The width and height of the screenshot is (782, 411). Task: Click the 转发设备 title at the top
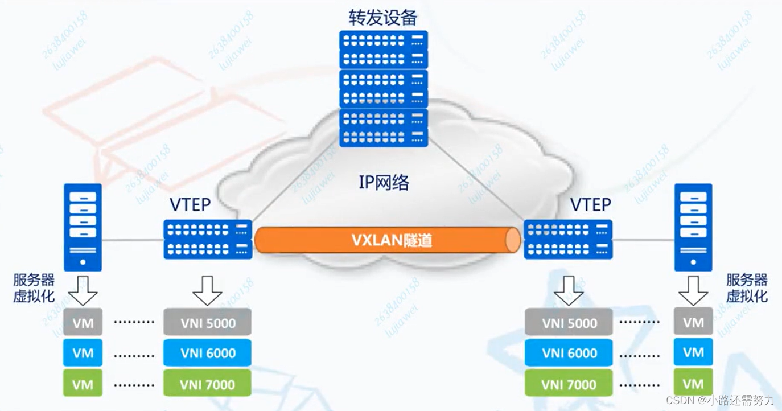coord(383,17)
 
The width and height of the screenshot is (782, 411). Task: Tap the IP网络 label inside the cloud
coord(384,182)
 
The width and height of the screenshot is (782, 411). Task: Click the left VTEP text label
coord(191,204)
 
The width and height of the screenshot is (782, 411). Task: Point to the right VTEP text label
coord(591,204)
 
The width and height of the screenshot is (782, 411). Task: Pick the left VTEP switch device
coord(208,240)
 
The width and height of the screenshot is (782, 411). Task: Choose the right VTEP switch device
coord(568,240)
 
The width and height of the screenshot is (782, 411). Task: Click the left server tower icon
coord(83,227)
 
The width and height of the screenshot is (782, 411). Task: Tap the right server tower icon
coord(693,227)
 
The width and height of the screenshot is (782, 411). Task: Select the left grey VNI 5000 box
coord(207,322)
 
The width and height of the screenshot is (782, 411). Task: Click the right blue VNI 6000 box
coord(569,353)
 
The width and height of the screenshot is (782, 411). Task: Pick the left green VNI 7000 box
coord(207,384)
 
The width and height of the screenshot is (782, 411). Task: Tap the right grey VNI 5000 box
coord(569,323)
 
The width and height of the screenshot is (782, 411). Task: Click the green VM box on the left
coord(83,384)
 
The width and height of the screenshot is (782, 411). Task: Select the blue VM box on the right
coord(693,353)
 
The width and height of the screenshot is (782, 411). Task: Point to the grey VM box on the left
coord(83,322)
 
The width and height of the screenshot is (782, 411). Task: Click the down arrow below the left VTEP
coord(207,290)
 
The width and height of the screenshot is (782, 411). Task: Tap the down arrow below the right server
coord(693,290)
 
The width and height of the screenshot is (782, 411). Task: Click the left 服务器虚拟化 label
coord(34,288)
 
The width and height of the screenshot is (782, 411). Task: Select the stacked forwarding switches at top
coord(383,89)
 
